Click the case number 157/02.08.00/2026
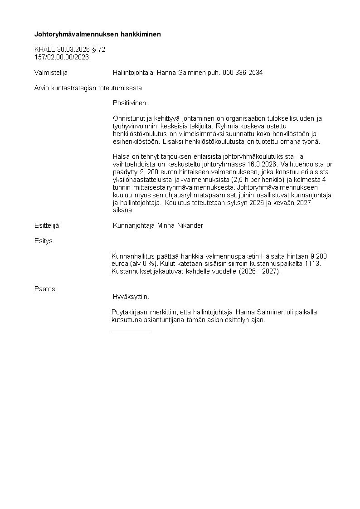(x=62, y=57)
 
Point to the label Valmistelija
(x=51, y=73)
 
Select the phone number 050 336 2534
(x=243, y=73)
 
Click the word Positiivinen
(x=129, y=103)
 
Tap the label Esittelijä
(x=47, y=225)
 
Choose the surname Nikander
(x=187, y=225)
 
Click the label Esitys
(x=44, y=241)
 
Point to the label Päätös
(x=45, y=289)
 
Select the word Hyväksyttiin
(x=131, y=297)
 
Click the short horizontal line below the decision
(x=131, y=331)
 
